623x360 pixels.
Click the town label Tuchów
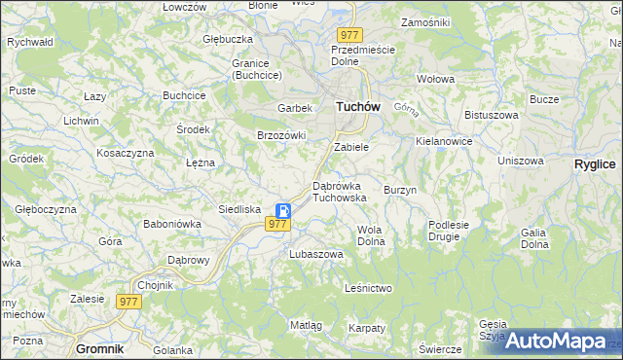357,107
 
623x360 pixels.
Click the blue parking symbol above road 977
283,210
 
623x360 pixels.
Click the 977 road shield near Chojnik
129,302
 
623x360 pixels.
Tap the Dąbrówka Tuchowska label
339,191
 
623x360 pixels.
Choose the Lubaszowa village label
316,254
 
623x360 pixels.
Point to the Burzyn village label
400,190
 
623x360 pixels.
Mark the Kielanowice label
443,141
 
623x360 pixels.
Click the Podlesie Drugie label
449,230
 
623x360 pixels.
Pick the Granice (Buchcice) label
256,69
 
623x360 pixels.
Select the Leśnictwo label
368,288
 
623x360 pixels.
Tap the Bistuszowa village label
489,115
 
